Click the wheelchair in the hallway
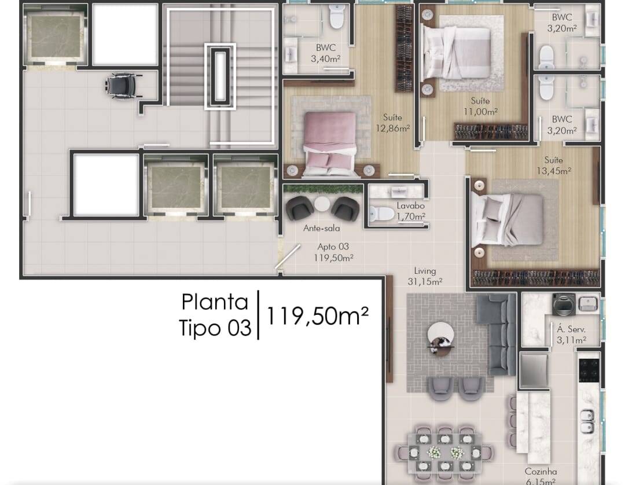click(124, 86)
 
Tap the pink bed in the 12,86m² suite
click(330, 144)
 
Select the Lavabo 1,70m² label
click(410, 211)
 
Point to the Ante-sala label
click(321, 229)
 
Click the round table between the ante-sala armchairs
click(322, 204)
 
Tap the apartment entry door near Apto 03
click(288, 256)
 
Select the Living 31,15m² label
click(425, 276)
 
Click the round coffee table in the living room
click(440, 335)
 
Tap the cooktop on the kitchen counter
click(589, 370)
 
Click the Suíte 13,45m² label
click(554, 166)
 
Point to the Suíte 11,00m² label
click(480, 106)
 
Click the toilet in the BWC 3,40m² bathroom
click(336, 16)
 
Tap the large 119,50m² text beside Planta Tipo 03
click(317, 315)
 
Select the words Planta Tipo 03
click(215, 315)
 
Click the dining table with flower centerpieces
click(444, 453)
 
